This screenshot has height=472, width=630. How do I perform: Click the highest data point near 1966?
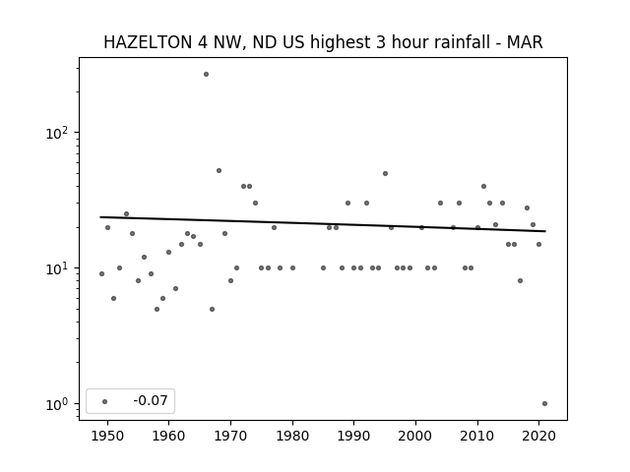click(x=206, y=75)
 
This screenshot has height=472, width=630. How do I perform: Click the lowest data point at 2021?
click(x=544, y=404)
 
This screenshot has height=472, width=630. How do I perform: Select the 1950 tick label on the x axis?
click(x=107, y=436)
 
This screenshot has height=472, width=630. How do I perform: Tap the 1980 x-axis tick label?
click(x=292, y=436)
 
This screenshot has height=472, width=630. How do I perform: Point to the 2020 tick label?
click(x=538, y=436)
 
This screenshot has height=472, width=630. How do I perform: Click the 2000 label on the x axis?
click(x=415, y=436)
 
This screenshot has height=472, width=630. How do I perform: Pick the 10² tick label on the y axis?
click(x=57, y=133)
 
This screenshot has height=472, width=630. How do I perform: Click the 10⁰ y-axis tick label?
click(x=57, y=404)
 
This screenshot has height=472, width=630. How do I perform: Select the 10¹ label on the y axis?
click(x=57, y=268)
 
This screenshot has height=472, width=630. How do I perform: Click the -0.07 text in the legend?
click(x=151, y=400)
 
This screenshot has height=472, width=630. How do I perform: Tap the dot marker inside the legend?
click(x=105, y=401)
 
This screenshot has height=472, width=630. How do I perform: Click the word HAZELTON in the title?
click(x=148, y=42)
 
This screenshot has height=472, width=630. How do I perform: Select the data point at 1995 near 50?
click(x=385, y=174)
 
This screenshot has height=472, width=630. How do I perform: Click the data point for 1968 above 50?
click(x=219, y=170)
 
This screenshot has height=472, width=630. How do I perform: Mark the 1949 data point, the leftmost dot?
click(x=101, y=273)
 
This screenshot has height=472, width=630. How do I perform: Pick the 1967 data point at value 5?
click(x=213, y=309)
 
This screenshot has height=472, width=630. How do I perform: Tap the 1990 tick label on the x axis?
click(x=354, y=436)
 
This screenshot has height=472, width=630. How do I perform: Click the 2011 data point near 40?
click(x=483, y=186)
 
